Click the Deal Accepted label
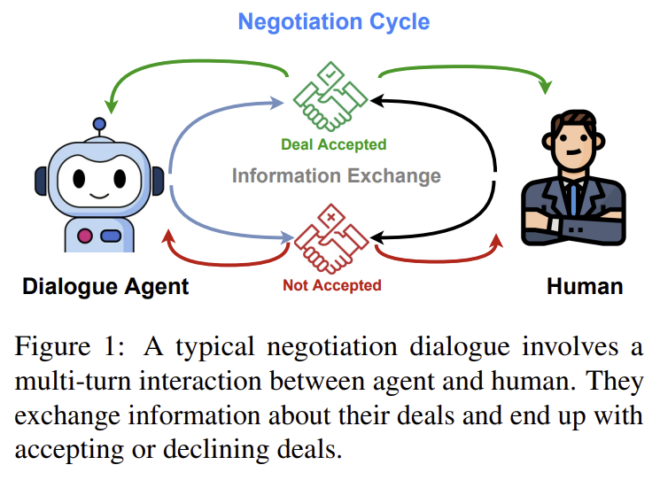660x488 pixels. pyautogui.click(x=333, y=143)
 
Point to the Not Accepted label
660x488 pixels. pyautogui.click(x=331, y=285)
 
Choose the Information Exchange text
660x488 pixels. pyautogui.click(x=336, y=175)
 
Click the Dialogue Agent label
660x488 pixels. pyautogui.click(x=105, y=287)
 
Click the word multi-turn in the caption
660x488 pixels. pyautogui.click(x=66, y=381)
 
